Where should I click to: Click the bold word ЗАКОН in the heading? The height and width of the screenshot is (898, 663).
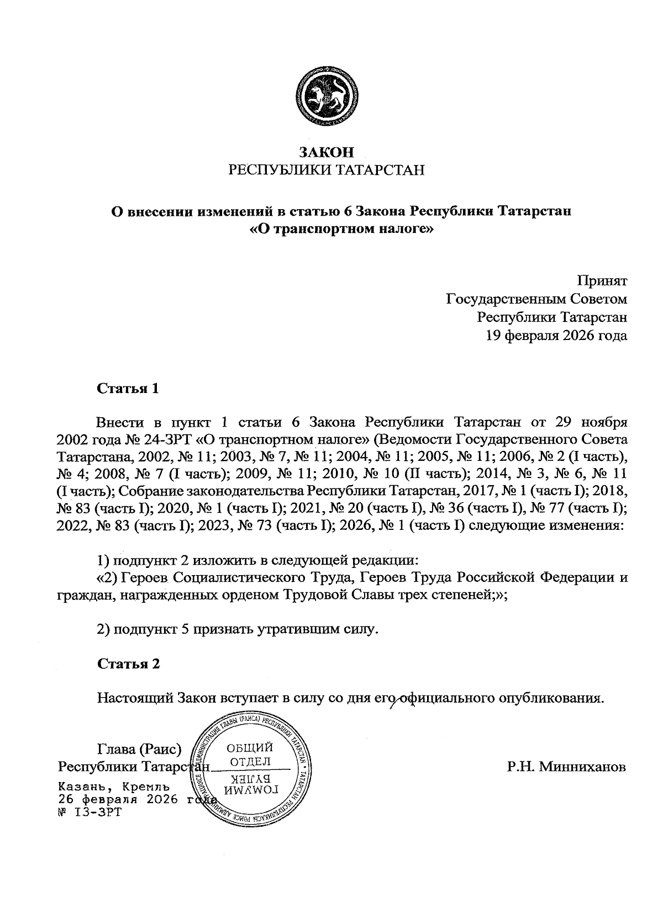pos(326,152)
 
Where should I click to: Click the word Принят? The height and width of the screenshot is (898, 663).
pos(602,281)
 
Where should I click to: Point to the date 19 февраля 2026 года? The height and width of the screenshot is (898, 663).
pos(556,336)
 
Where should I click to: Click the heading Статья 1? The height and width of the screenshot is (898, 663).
pos(128,389)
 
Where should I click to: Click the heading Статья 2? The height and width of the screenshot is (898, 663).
pos(128,663)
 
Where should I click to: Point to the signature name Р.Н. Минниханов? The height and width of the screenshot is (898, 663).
pos(566,767)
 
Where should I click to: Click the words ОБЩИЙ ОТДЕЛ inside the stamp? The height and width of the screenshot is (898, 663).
pos(250,754)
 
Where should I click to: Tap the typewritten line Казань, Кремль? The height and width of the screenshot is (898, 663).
pos(114,785)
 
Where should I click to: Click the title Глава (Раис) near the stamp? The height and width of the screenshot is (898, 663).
pos(139,750)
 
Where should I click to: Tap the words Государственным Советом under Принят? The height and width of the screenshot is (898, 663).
pos(536,299)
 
